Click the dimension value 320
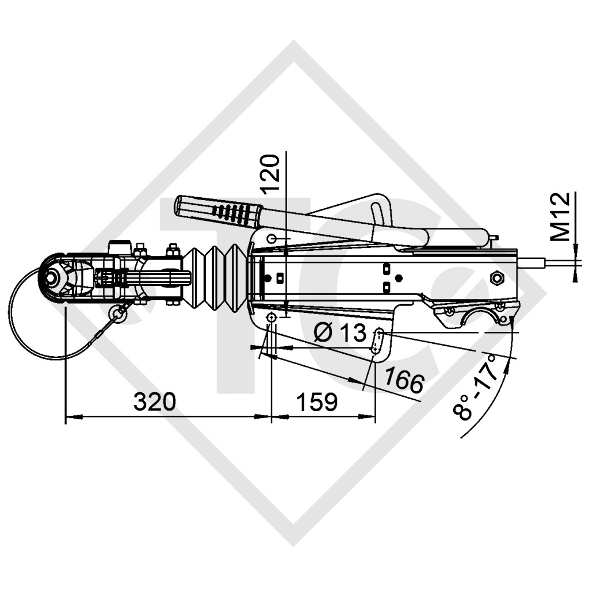(154, 402)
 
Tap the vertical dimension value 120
(270, 173)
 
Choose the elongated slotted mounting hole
(378, 341)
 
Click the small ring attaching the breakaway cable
(119, 312)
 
